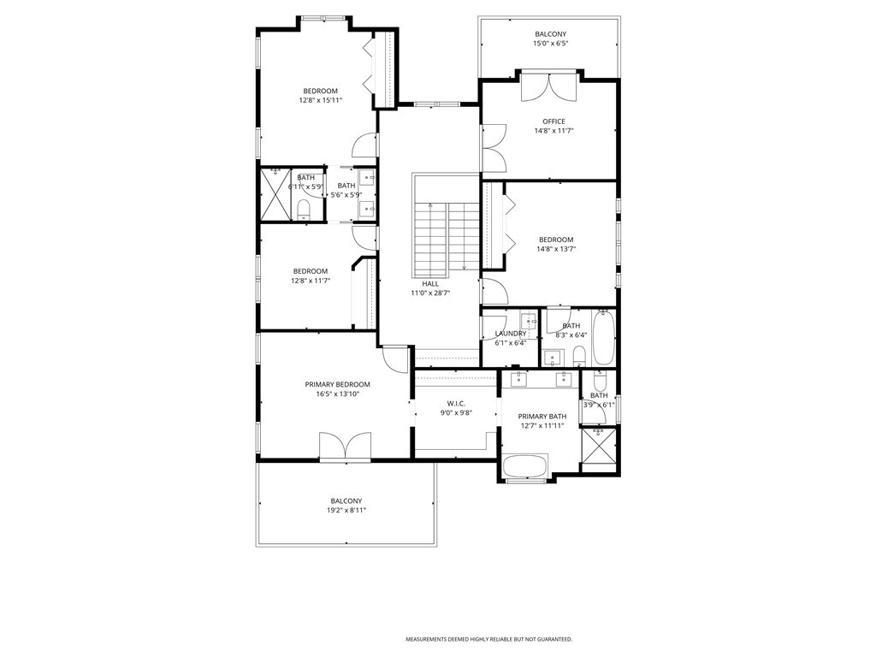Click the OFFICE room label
point(553,121)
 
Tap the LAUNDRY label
point(511,334)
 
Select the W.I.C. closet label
point(456,403)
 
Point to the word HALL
point(430,283)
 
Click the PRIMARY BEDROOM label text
point(337,384)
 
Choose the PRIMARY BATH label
point(542,416)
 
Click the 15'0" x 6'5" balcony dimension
point(550,44)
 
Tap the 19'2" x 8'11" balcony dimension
point(346,511)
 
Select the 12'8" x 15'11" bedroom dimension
point(321,100)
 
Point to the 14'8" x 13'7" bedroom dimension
point(555,249)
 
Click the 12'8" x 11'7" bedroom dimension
point(310,281)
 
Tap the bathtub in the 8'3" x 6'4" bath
point(603,338)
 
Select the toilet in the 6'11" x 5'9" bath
point(303,209)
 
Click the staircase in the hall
point(446,236)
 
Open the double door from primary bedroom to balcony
point(345,447)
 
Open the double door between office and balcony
point(549,88)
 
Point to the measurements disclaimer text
point(488,639)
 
